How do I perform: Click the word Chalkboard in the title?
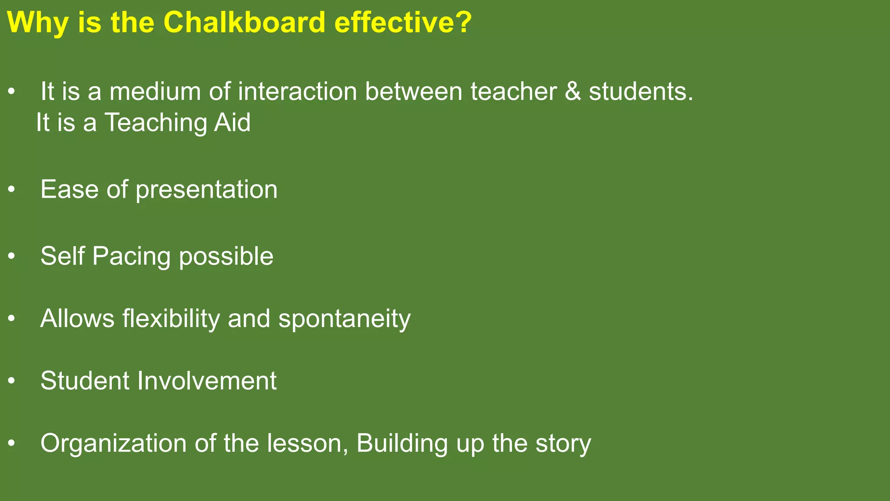[x=244, y=22]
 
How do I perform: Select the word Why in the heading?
[x=37, y=23]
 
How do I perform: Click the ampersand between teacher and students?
[x=573, y=92]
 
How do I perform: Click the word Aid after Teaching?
[x=232, y=122]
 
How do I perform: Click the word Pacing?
[x=131, y=257]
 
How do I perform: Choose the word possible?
[x=226, y=257]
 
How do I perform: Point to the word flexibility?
[x=171, y=319]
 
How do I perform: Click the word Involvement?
[x=207, y=381]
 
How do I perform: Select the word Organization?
[x=113, y=444]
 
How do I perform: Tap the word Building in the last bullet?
[x=402, y=444]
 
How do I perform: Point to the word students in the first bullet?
[x=641, y=92]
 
